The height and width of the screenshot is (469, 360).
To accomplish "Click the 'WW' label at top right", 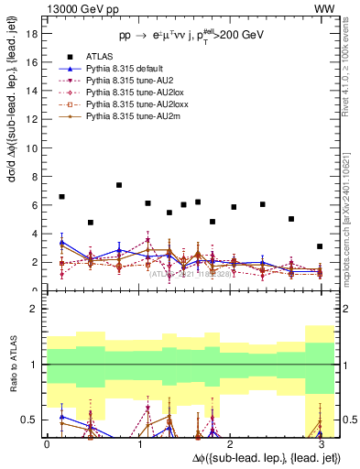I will click(324, 8).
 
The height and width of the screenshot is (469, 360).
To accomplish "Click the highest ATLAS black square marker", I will click(119, 185).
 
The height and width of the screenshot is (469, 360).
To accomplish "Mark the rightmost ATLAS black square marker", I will click(320, 246).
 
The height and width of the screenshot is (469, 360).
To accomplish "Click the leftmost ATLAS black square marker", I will click(61, 197).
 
